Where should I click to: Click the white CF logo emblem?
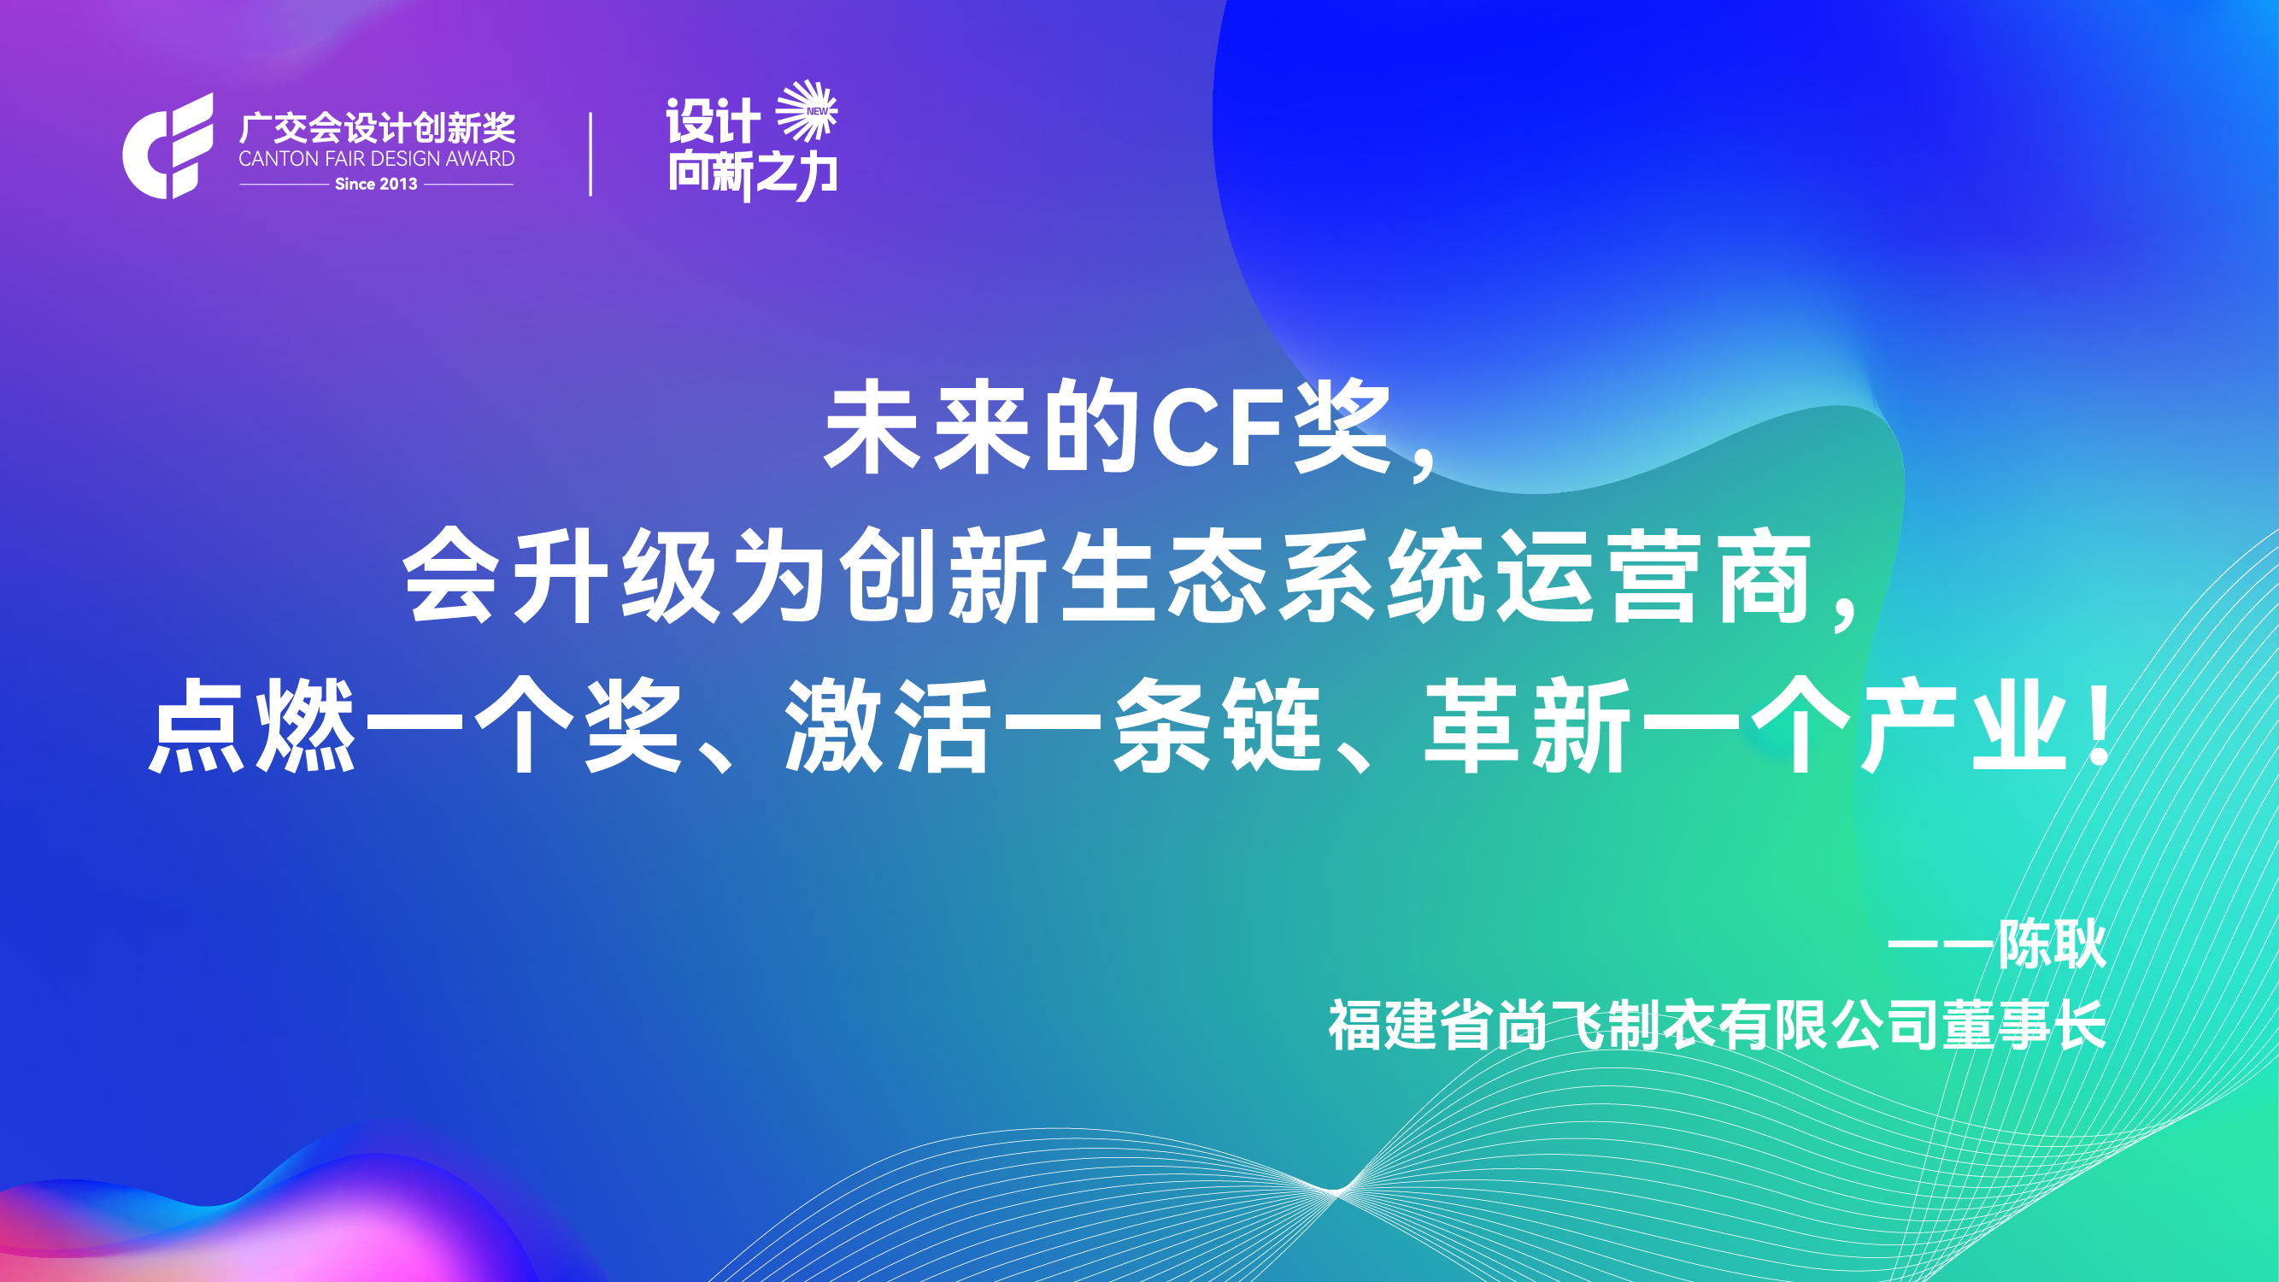tap(168, 146)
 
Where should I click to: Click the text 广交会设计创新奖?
tap(377, 128)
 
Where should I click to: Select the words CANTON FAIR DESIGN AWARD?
tap(377, 159)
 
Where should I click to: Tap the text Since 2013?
tap(376, 184)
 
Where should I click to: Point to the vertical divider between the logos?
tap(590, 154)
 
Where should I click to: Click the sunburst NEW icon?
tap(806, 110)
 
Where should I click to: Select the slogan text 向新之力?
tap(752, 174)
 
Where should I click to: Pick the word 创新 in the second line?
tap(943, 576)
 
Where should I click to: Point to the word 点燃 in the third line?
tap(252, 726)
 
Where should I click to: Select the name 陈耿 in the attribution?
tap(2052, 944)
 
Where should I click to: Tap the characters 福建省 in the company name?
tap(1410, 1025)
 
